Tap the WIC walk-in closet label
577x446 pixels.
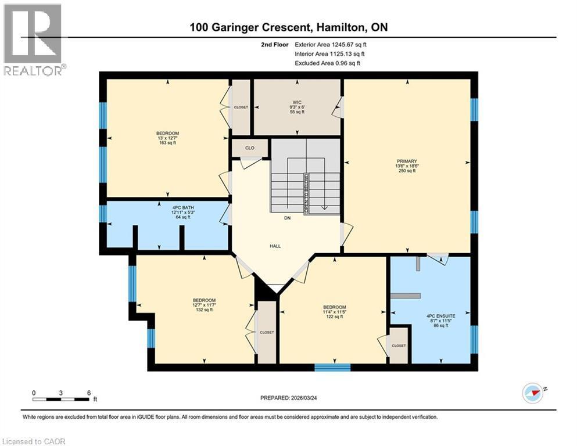[298, 102]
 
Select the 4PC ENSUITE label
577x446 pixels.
[440, 315]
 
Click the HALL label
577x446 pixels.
[275, 246]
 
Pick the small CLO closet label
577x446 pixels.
[249, 148]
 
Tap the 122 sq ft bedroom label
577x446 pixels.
[334, 307]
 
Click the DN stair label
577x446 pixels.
[286, 218]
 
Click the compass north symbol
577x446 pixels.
[533, 393]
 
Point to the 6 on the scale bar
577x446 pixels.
[88, 393]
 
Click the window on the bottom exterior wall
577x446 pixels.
[332, 367]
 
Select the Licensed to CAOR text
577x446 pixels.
[34, 441]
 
